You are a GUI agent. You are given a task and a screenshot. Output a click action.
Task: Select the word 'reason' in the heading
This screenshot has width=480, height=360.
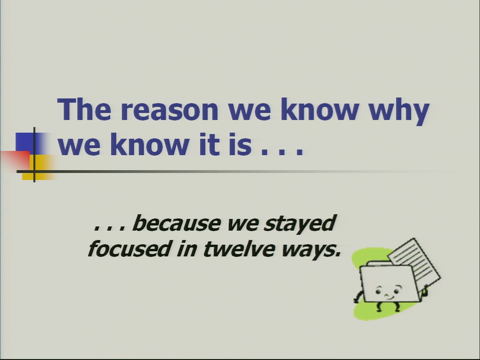pyautogui.click(x=170, y=111)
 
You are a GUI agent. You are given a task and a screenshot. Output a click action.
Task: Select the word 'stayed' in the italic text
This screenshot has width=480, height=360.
pyautogui.click(x=300, y=224)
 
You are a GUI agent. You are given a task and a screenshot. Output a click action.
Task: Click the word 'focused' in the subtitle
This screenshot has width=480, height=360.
pyautogui.click(x=128, y=248)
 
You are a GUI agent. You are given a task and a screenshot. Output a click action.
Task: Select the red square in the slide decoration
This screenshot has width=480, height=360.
pyautogui.click(x=15, y=160)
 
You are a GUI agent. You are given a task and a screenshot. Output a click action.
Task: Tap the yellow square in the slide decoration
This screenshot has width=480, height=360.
pyautogui.click(x=38, y=167)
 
